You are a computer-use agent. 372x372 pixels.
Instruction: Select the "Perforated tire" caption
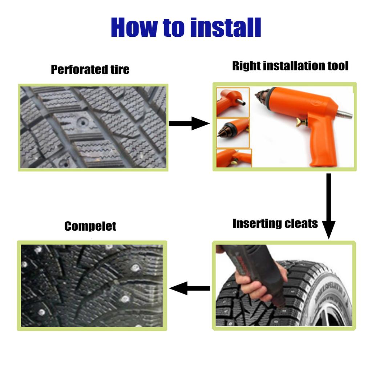pyautogui.click(x=90, y=69)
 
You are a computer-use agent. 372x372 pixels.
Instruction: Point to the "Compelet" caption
pyautogui.click(x=90, y=226)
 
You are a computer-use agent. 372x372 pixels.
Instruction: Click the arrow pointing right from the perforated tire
pyautogui.click(x=189, y=124)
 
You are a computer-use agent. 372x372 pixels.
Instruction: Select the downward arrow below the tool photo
pyautogui.click(x=328, y=206)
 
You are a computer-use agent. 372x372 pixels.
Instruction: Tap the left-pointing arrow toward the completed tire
pyautogui.click(x=190, y=288)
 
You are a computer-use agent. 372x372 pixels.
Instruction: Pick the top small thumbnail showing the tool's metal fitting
pyautogui.click(x=233, y=102)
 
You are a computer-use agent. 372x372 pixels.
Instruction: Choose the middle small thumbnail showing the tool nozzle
pyautogui.click(x=233, y=133)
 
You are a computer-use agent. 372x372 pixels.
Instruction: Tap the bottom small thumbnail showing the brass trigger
pyautogui.click(x=234, y=158)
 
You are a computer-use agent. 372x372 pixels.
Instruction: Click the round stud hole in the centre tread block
pyautogui.click(x=83, y=123)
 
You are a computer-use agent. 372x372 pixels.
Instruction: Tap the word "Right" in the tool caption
pyautogui.click(x=246, y=66)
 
